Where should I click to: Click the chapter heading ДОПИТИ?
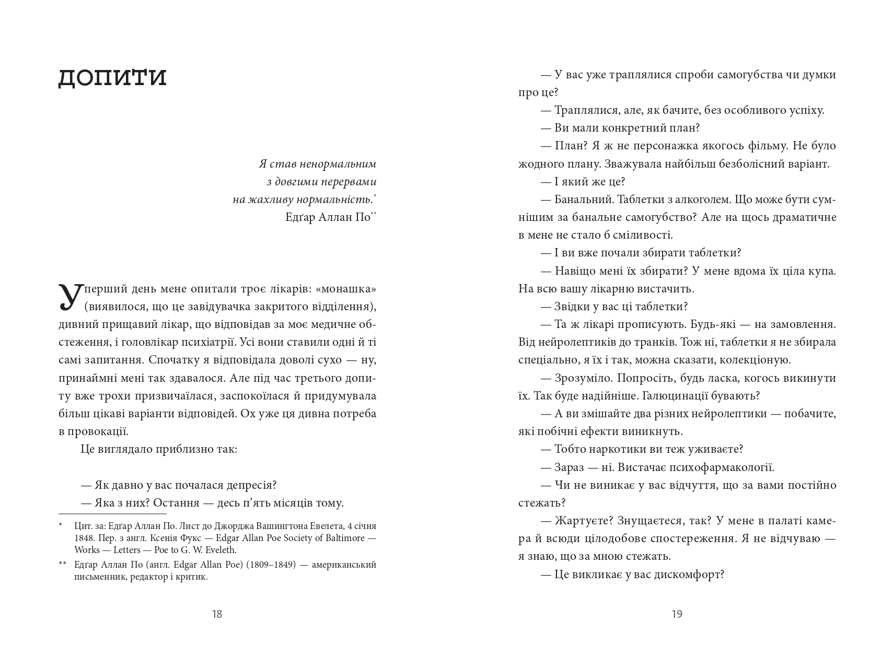(112, 77)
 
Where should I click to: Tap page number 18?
(217, 614)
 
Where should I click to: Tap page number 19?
(677, 614)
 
